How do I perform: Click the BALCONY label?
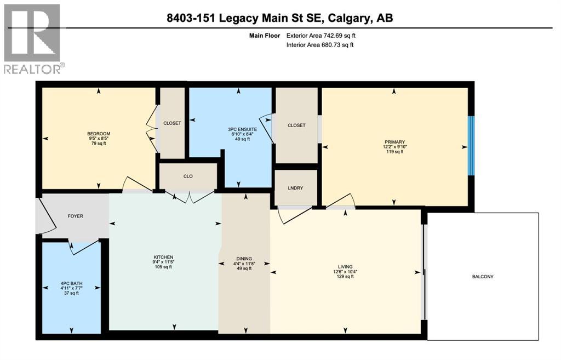pos(483,277)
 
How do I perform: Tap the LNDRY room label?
pos(296,188)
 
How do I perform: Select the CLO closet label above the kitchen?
pos(188,176)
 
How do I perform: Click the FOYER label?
pos(75,216)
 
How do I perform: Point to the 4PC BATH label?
pos(69,283)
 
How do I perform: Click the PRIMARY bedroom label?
pos(393,141)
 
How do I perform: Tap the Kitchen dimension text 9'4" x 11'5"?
pos(163,262)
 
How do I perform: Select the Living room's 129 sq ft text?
pos(345,277)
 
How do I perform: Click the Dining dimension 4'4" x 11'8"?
pos(244,263)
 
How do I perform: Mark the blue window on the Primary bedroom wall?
pos(470,145)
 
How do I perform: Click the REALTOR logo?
pos(32,38)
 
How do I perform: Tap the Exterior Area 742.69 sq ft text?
pos(324,36)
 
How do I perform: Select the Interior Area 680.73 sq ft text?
pos(320,45)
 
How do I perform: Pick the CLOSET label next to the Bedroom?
pos(172,123)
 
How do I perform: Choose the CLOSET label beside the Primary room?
pos(296,125)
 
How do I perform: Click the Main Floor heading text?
pos(265,36)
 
